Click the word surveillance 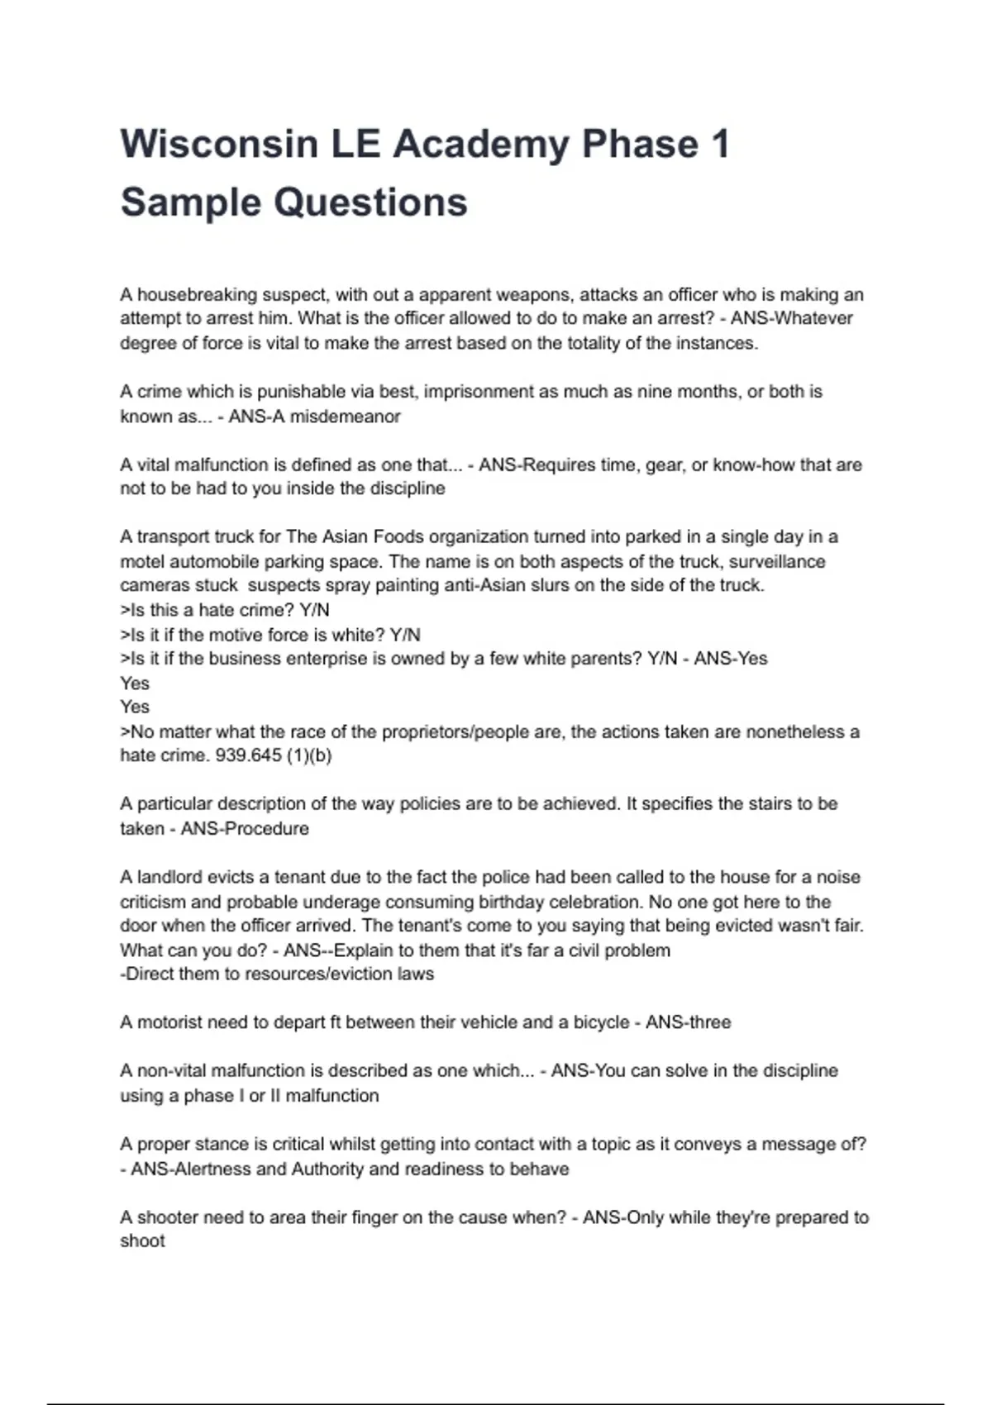[x=776, y=562]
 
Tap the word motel [x=142, y=562]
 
